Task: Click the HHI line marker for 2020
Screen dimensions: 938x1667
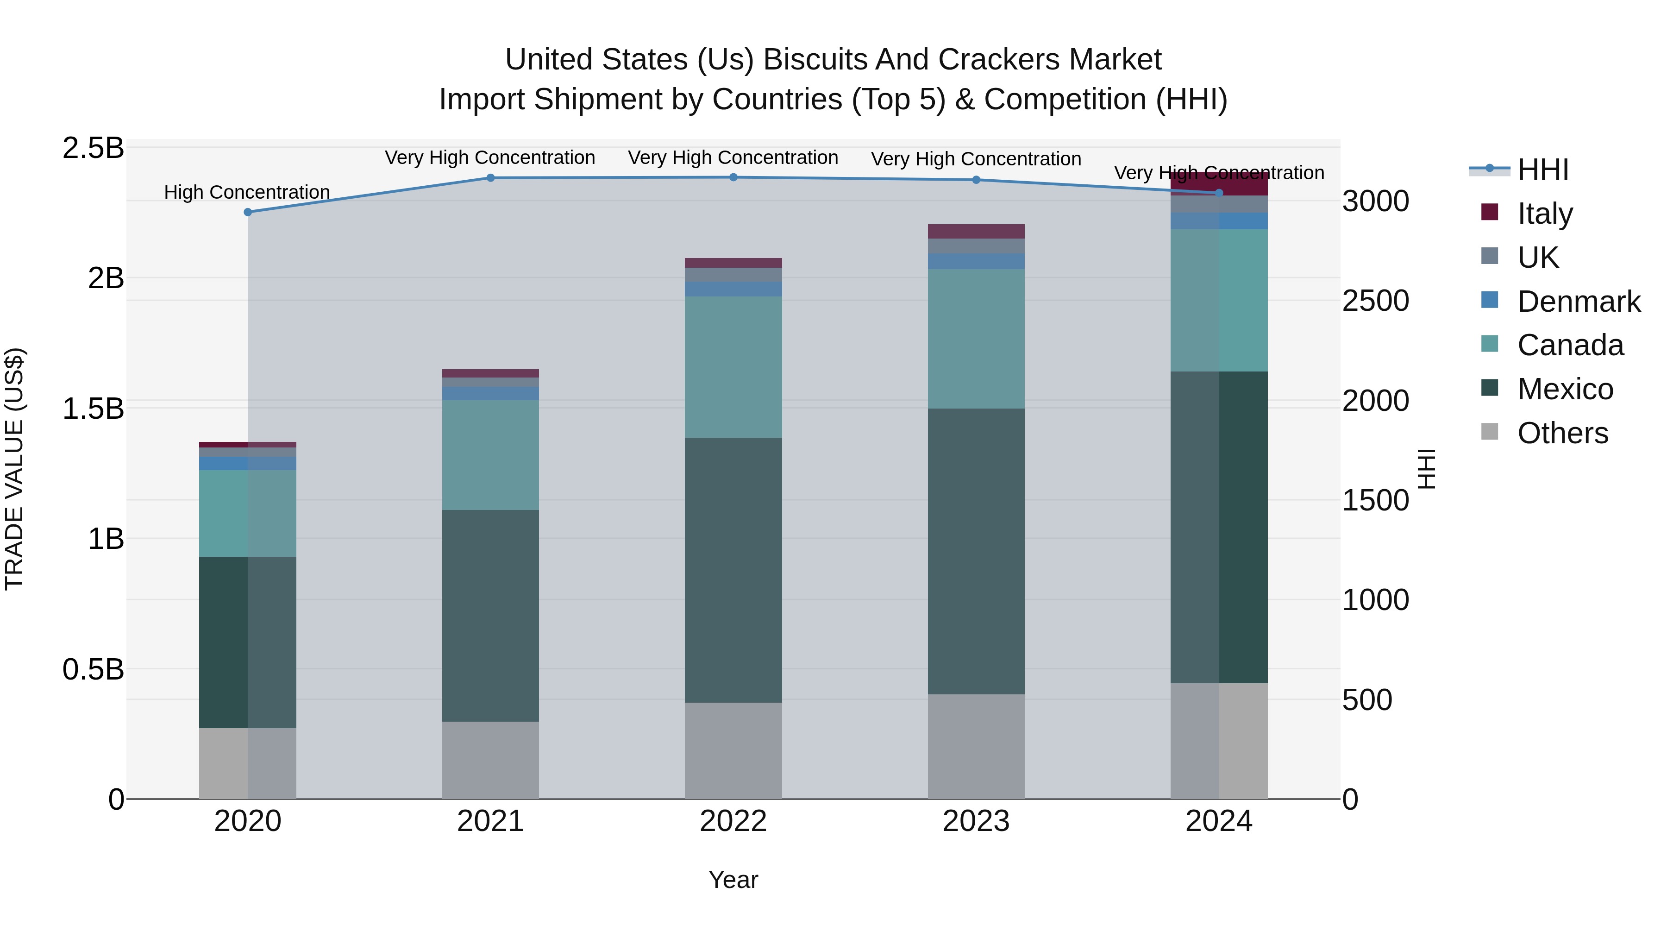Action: pyautogui.click(x=247, y=212)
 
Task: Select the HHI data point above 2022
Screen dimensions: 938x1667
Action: pyautogui.click(x=733, y=177)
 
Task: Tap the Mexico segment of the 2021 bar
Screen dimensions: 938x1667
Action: pyautogui.click(x=490, y=615)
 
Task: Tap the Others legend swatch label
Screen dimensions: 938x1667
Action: pyautogui.click(x=1562, y=433)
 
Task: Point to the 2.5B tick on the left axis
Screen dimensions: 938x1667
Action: pyautogui.click(x=93, y=148)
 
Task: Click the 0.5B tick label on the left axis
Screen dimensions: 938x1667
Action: pyautogui.click(x=93, y=669)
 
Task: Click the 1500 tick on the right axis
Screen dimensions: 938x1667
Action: pyautogui.click(x=1375, y=500)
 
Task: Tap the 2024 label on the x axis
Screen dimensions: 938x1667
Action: pyautogui.click(x=1219, y=821)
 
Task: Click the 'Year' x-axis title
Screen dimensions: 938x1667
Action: pyautogui.click(x=733, y=880)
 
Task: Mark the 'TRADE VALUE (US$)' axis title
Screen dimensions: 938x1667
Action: pyautogui.click(x=14, y=469)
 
